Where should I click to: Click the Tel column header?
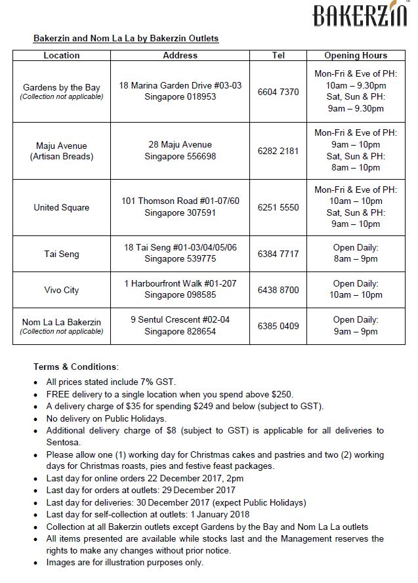click(x=278, y=56)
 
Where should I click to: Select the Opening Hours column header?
click(x=356, y=56)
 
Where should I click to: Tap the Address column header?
click(x=180, y=56)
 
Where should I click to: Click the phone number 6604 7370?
click(x=278, y=92)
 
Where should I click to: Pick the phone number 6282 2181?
click(x=278, y=151)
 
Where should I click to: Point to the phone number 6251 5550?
click(x=278, y=207)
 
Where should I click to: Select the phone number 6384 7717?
click(x=278, y=253)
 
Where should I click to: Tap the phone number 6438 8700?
click(x=278, y=289)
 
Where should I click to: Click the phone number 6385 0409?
click(x=278, y=325)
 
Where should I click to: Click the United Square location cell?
click(x=62, y=207)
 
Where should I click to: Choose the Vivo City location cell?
click(x=62, y=290)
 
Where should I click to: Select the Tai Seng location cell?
click(x=62, y=253)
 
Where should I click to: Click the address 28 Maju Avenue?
click(x=180, y=145)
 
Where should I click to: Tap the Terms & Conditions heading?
click(x=75, y=366)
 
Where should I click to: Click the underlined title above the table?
click(x=126, y=39)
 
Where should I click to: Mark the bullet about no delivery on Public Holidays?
click(x=106, y=418)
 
